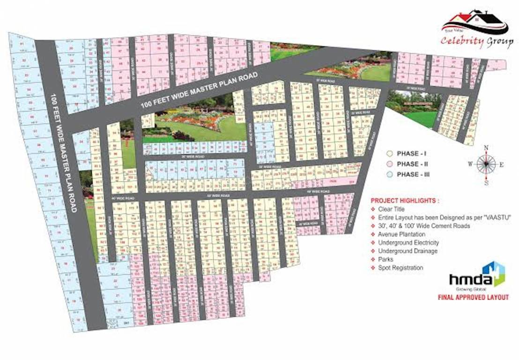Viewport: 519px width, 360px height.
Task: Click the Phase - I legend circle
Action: coord(389,154)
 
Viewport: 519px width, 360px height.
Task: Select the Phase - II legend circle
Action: coord(389,164)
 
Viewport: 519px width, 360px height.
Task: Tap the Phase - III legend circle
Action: coord(389,174)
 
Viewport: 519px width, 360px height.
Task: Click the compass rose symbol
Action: coord(486,165)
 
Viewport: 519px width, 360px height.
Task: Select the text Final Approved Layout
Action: coord(473,297)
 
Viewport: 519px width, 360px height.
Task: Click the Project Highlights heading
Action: coord(405,200)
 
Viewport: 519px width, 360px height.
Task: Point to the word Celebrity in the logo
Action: coord(462,41)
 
